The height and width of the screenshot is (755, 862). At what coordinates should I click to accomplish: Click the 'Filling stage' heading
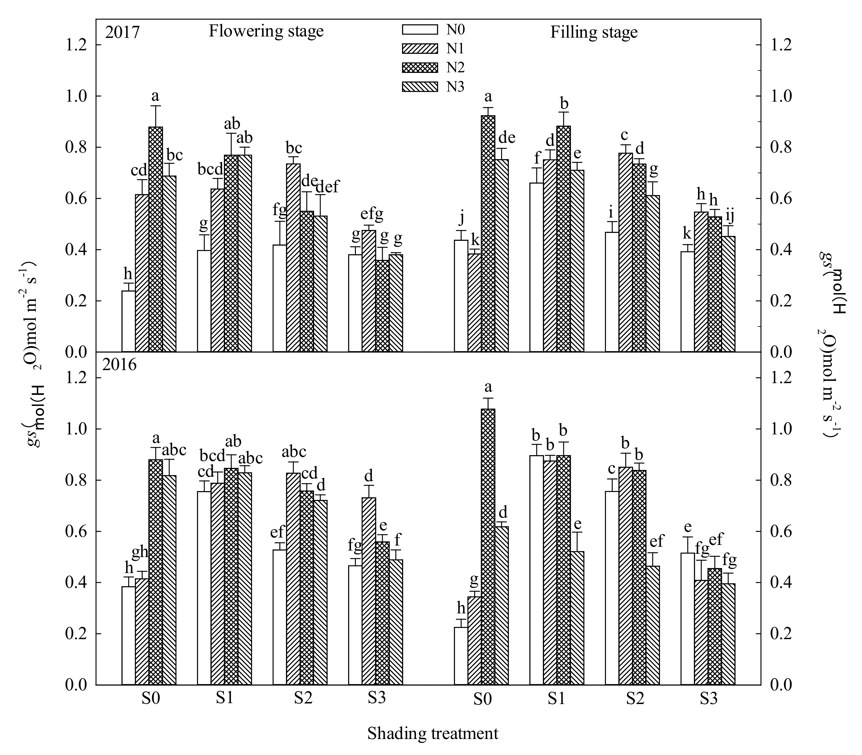594,32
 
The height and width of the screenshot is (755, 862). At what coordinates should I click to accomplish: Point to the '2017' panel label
122,32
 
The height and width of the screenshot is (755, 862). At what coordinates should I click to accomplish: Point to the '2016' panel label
120,364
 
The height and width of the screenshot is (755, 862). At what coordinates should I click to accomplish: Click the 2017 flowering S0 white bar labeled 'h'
128,321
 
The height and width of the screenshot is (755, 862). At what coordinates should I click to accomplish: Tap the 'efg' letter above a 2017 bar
372,215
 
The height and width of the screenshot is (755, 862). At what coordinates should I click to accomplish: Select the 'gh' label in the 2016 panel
140,552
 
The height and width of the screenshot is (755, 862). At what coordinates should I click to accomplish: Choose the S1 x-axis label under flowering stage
225,698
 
